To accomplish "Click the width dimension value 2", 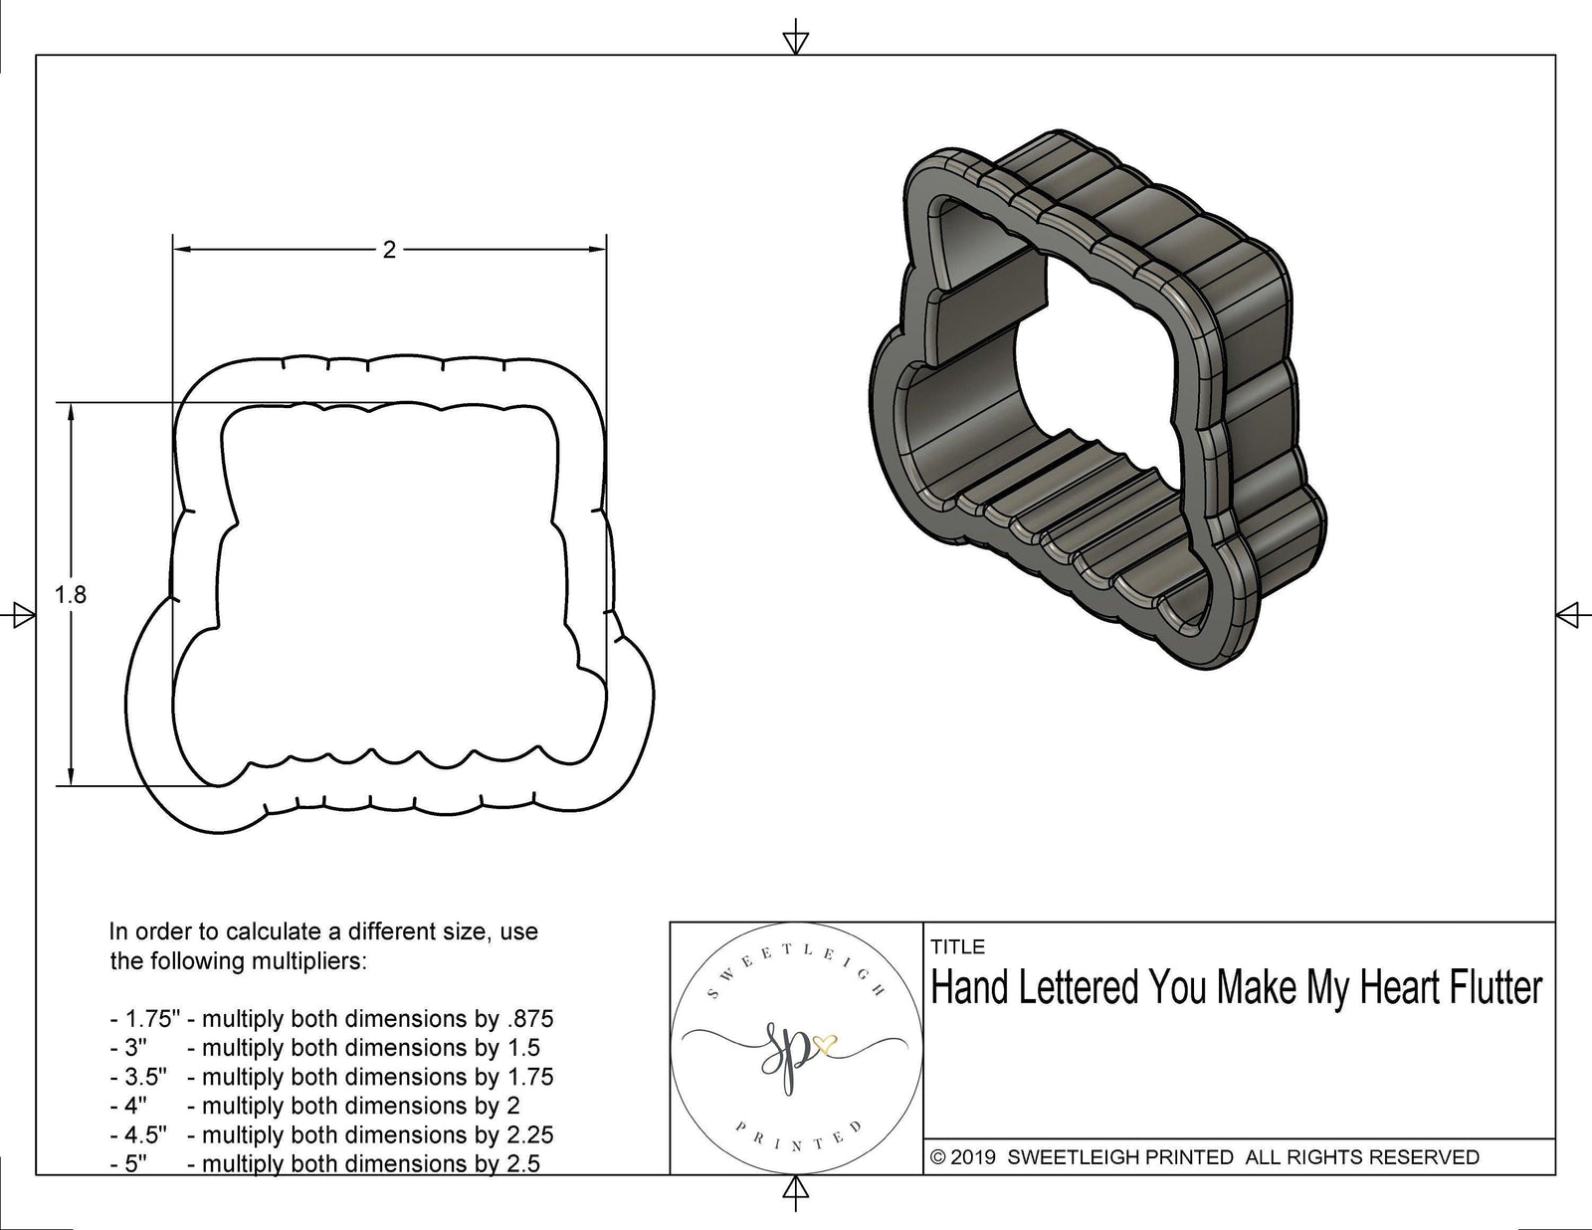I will (x=389, y=250).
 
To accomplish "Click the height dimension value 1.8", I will (x=71, y=595).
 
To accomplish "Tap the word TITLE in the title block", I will (x=958, y=947).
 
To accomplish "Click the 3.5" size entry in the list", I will (x=143, y=1077).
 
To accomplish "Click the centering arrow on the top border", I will (x=795, y=41).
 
